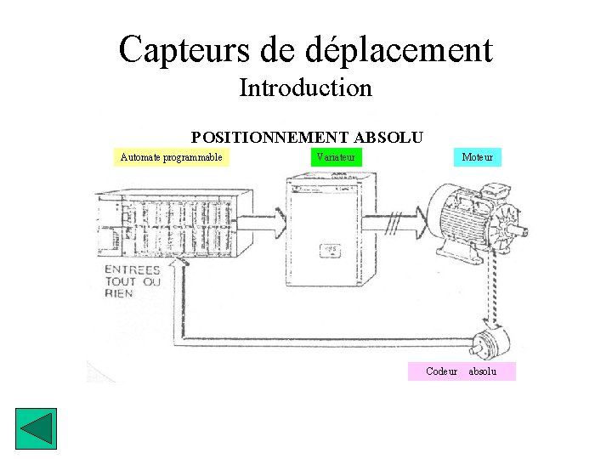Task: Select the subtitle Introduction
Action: point(306,88)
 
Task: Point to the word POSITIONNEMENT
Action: point(269,137)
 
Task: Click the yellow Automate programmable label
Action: point(172,156)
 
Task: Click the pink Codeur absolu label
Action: point(462,371)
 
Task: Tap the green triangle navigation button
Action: point(37,430)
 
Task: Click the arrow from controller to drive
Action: point(260,222)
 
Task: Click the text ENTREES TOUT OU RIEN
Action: point(132,281)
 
